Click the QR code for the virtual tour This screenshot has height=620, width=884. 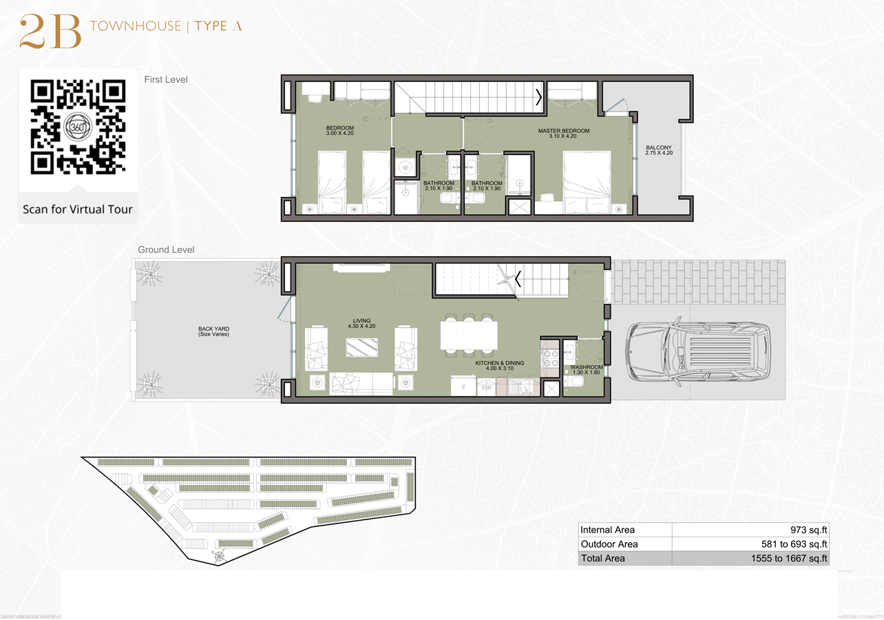(x=78, y=127)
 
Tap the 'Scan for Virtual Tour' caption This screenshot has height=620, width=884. (x=78, y=209)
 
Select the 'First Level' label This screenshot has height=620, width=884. (x=166, y=80)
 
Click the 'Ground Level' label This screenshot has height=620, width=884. (x=166, y=250)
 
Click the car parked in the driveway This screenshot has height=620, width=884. (x=697, y=352)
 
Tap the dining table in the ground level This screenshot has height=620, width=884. (x=469, y=335)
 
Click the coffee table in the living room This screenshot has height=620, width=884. (x=361, y=347)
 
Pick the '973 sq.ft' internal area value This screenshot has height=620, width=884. (x=808, y=530)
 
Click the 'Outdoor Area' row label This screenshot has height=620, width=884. (x=609, y=544)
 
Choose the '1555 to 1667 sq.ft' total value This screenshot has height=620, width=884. (x=789, y=559)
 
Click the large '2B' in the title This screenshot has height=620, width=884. (x=50, y=32)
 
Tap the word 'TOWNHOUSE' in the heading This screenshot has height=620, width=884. (x=135, y=27)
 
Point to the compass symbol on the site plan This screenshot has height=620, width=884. (x=219, y=555)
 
